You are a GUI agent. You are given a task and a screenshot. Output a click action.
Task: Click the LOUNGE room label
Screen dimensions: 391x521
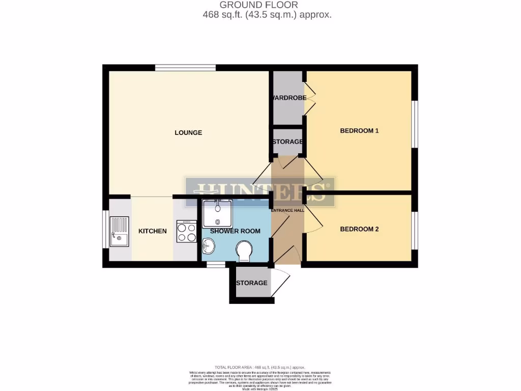pyautogui.click(x=188, y=133)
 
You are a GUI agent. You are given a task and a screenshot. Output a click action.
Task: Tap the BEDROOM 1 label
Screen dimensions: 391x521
pyautogui.click(x=359, y=131)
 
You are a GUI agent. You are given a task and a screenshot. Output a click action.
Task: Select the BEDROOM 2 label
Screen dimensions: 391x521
pyautogui.click(x=359, y=229)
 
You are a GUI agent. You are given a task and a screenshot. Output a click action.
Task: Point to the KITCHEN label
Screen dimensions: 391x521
pyautogui.click(x=153, y=231)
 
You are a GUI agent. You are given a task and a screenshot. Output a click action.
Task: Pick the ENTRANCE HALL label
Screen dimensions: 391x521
pyautogui.click(x=287, y=210)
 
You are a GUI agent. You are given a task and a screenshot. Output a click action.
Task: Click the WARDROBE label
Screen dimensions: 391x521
pyautogui.click(x=288, y=98)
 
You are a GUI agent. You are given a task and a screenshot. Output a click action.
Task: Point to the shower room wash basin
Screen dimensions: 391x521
pyautogui.click(x=209, y=247)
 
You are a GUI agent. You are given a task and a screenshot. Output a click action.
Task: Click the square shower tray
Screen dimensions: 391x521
pyautogui.click(x=217, y=214)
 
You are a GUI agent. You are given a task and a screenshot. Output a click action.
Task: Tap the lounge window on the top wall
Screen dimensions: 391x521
pyautogui.click(x=186, y=68)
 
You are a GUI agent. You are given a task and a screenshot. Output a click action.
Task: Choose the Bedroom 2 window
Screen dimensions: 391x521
pyautogui.click(x=415, y=229)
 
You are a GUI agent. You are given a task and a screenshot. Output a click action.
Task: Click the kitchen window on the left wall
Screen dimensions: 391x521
pyautogui.click(x=106, y=229)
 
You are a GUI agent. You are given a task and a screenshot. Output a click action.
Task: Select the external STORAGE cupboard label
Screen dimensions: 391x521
pyautogui.click(x=251, y=283)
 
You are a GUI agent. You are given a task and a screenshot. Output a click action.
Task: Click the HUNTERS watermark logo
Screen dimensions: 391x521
pyautogui.click(x=260, y=191)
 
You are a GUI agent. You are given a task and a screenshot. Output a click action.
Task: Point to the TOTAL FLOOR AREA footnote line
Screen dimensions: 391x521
pyautogui.click(x=260, y=367)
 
